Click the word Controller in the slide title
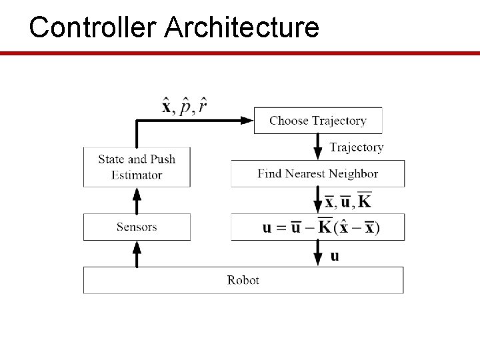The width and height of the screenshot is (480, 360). (93, 27)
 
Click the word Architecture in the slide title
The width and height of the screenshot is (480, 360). (241, 27)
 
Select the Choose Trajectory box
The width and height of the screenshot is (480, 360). (318, 121)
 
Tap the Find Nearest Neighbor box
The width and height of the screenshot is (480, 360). (318, 174)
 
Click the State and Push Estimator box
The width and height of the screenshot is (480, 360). (137, 167)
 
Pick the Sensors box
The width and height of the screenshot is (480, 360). (137, 227)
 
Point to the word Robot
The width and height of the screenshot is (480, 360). (243, 280)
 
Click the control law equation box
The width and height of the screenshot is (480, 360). (318, 227)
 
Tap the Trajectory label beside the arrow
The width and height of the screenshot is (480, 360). (357, 147)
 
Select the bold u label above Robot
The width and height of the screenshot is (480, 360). (335, 256)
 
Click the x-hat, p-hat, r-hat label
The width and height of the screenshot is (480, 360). (184, 106)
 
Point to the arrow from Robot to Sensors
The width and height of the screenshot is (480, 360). (137, 254)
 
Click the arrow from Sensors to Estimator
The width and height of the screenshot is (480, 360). (137, 200)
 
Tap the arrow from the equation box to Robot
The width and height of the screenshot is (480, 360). (318, 254)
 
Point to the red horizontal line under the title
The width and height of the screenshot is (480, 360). (240, 53)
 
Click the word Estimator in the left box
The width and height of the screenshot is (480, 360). (137, 175)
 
